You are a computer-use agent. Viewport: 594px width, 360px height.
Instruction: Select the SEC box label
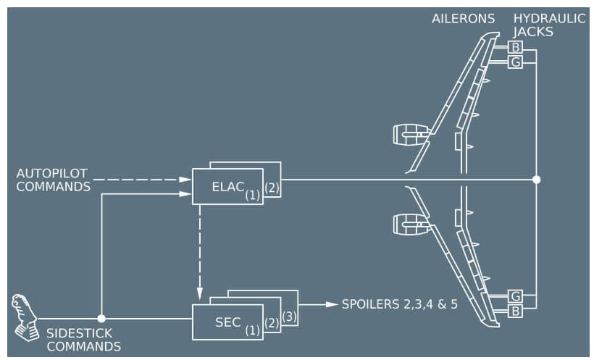coord(227,322)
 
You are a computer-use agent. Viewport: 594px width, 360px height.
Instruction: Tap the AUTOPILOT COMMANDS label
coord(52,180)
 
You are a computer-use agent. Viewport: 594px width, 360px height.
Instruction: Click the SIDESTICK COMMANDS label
coord(83,340)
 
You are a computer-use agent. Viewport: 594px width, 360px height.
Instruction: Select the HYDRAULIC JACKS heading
coord(549,25)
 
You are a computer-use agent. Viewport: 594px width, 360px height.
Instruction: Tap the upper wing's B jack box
coord(515,48)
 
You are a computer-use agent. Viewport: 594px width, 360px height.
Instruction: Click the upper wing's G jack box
coord(515,62)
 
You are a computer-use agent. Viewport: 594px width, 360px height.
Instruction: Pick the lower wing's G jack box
coord(515,296)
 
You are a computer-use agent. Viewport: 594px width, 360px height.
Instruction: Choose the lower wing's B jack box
coord(515,310)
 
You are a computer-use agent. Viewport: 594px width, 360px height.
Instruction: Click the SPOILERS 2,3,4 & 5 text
coord(400,304)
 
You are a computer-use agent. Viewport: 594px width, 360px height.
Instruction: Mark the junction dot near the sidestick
coord(101,318)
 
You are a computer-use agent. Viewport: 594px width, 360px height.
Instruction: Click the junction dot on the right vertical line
coord(536,179)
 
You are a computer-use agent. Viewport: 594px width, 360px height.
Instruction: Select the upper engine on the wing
coord(410,133)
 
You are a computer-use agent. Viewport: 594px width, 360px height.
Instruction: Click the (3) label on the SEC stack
coord(289,317)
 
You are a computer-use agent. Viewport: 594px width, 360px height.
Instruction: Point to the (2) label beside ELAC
coord(272,188)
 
